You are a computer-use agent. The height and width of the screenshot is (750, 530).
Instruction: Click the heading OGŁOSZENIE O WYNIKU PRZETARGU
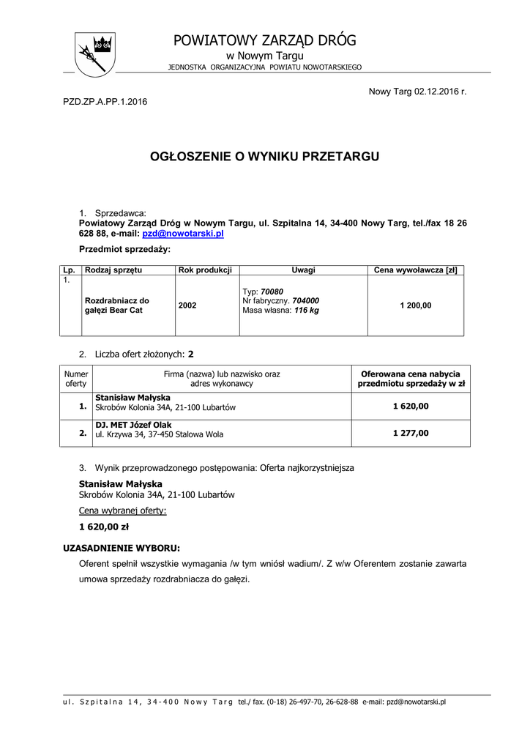pyautogui.click(x=265, y=156)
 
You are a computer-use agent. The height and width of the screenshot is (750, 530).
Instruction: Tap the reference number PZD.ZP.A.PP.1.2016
pyautogui.click(x=105, y=101)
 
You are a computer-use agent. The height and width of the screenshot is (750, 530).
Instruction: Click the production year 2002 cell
pyautogui.click(x=187, y=305)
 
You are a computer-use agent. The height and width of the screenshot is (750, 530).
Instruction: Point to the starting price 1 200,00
pyautogui.click(x=415, y=305)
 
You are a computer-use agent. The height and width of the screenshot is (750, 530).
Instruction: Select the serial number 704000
pyautogui.click(x=305, y=300)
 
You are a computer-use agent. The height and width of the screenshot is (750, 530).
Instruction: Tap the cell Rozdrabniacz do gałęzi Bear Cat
pyautogui.click(x=116, y=305)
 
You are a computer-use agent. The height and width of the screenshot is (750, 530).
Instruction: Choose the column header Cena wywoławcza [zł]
pyautogui.click(x=415, y=270)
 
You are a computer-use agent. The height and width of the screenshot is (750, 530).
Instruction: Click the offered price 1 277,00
pyautogui.click(x=411, y=433)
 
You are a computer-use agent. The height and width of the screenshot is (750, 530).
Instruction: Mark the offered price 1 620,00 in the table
pyautogui.click(x=411, y=406)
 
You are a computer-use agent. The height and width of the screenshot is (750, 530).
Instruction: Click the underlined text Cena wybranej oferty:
pyautogui.click(x=122, y=510)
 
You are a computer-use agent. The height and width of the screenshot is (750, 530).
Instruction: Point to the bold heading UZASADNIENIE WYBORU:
pyautogui.click(x=122, y=547)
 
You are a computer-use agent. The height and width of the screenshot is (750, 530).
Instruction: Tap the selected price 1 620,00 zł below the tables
pyautogui.click(x=104, y=526)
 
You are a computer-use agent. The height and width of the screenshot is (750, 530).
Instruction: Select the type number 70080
pyautogui.click(x=272, y=292)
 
